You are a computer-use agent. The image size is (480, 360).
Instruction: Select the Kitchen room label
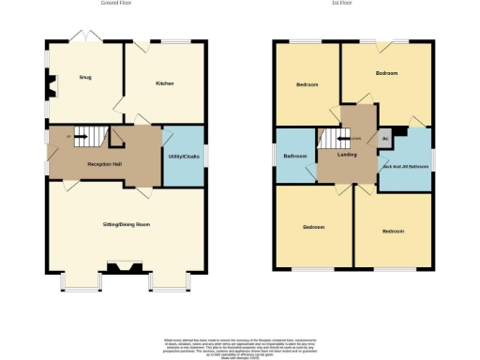click(164, 83)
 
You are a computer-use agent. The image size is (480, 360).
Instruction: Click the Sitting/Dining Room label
click(127, 225)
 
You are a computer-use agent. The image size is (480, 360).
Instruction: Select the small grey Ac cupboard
click(384, 138)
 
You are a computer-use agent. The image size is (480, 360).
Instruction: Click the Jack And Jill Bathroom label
click(404, 167)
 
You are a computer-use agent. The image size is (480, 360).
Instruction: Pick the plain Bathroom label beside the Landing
click(296, 155)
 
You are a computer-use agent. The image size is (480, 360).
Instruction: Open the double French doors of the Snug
click(85, 37)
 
